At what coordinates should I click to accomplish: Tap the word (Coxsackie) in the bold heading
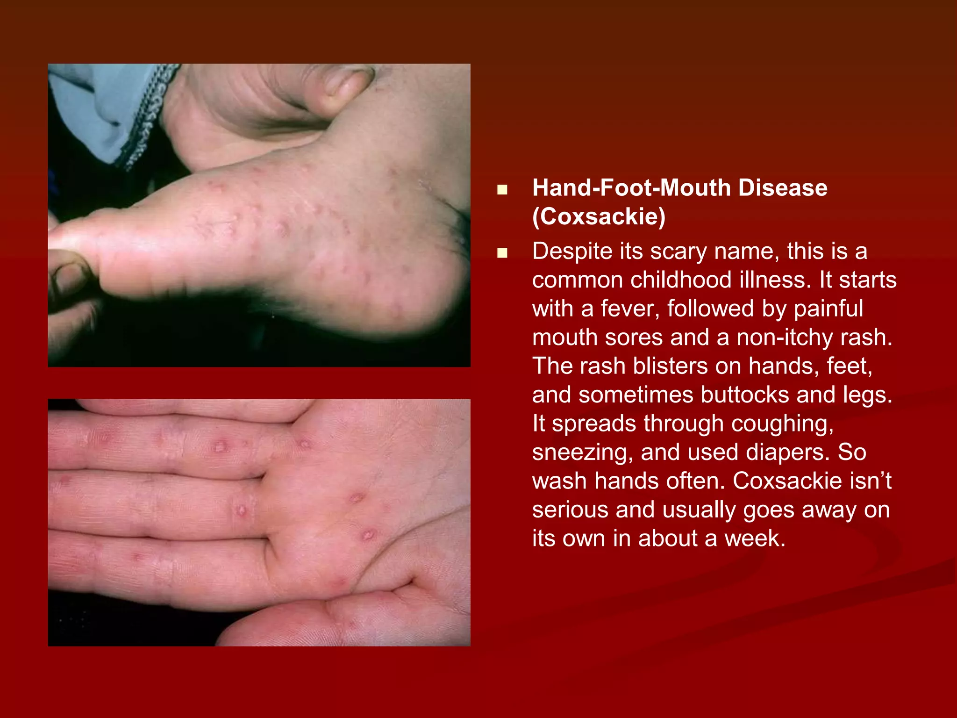coord(599,216)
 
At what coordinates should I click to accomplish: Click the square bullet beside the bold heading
coord(502,189)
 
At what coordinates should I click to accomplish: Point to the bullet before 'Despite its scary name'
coord(502,253)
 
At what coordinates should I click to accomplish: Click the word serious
coord(570,510)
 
